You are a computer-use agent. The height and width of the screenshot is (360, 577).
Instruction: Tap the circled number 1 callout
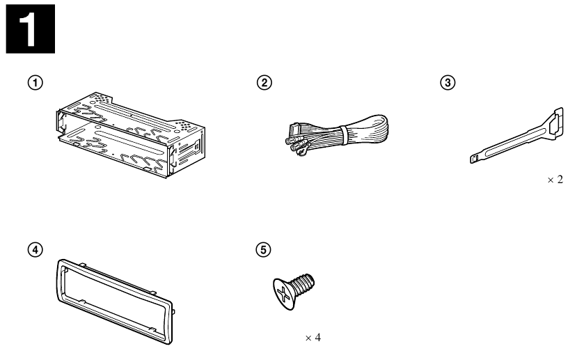click(35, 82)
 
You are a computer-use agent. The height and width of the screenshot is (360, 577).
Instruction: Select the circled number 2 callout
click(264, 82)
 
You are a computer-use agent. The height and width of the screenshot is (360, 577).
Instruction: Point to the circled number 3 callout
click(448, 82)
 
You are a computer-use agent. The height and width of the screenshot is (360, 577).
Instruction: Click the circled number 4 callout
click(35, 250)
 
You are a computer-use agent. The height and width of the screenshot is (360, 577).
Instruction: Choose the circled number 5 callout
click(264, 250)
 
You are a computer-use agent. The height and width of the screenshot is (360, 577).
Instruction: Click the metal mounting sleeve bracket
click(131, 134)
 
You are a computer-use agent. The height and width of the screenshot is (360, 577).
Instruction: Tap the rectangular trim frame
click(115, 301)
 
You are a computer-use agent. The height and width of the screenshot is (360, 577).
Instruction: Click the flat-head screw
click(294, 291)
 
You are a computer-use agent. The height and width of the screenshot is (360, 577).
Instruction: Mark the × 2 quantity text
click(555, 180)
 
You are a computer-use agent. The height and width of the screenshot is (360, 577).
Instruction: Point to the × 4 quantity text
click(313, 338)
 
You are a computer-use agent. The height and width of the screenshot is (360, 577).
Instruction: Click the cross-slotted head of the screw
click(284, 295)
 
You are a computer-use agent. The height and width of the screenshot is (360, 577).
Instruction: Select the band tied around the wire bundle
click(344, 135)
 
